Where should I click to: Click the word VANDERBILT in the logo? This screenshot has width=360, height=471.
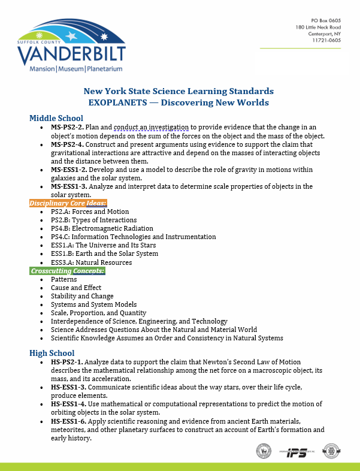click(x=72, y=55)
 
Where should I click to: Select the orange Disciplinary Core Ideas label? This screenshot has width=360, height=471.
click(x=68, y=203)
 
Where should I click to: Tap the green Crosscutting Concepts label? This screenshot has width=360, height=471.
click(x=68, y=271)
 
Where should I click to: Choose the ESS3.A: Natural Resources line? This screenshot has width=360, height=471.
click(x=91, y=262)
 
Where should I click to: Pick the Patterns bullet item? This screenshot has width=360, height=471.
click(x=63, y=279)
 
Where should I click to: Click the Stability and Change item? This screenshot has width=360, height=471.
click(x=82, y=296)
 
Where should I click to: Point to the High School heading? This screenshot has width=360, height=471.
click(x=55, y=353)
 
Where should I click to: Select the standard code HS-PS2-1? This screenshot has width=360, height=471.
click(x=66, y=363)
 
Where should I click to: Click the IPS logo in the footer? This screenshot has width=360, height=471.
click(x=295, y=450)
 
